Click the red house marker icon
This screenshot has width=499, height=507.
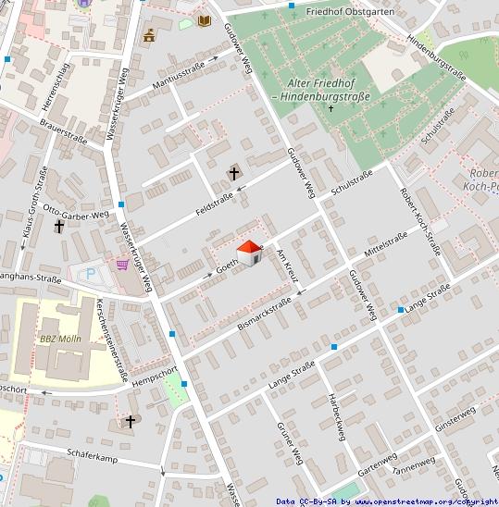click(248, 252)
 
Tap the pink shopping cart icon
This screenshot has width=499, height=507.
click(122, 264)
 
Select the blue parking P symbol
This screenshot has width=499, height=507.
click(90, 274)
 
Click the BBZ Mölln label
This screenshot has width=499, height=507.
click(60, 339)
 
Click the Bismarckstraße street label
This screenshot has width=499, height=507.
click(264, 314)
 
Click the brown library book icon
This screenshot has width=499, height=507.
click(205, 20)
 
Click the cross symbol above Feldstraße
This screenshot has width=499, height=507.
click(234, 172)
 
